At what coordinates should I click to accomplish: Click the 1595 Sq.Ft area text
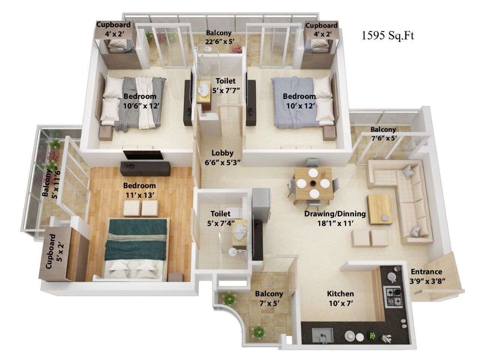tap(388, 36)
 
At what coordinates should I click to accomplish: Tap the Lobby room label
tap(222, 153)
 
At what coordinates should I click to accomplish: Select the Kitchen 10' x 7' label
tap(340, 298)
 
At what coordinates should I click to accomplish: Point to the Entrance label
tap(426, 272)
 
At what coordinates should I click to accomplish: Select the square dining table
tap(313, 183)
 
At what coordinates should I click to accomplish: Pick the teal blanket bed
tap(136, 249)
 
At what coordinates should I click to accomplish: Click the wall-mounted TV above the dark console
tap(143, 155)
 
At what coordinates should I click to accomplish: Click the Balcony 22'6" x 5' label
tap(219, 37)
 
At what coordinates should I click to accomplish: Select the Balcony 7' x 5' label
tap(269, 298)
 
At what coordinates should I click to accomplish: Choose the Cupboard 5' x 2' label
tap(55, 251)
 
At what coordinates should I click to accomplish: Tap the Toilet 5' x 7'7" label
tap(226, 85)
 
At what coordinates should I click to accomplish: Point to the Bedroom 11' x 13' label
tap(139, 190)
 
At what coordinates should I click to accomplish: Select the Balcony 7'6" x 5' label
tap(384, 134)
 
